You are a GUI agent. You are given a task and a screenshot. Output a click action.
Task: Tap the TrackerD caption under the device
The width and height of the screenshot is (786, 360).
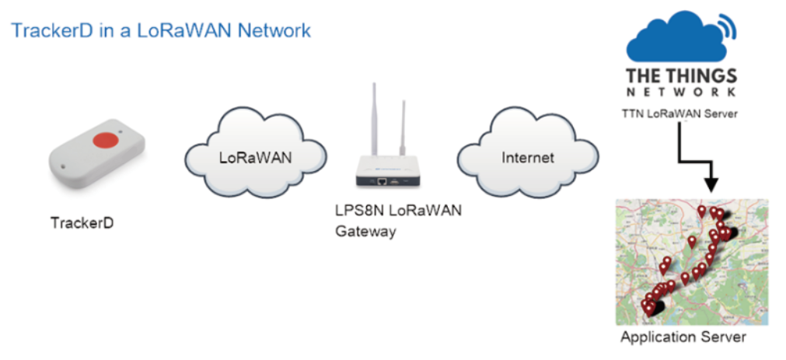click(x=82, y=222)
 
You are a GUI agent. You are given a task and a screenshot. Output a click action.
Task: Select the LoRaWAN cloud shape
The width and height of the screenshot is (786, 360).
click(x=255, y=155)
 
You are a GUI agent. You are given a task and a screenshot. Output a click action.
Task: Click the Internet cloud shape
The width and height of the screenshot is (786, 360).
click(x=528, y=156)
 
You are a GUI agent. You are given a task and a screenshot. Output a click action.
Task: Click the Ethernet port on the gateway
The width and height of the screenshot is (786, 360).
click(x=382, y=181)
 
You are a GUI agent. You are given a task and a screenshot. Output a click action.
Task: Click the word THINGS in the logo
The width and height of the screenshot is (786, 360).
click(x=707, y=77)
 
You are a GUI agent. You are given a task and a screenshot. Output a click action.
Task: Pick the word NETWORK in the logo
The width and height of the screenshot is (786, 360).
click(x=681, y=93)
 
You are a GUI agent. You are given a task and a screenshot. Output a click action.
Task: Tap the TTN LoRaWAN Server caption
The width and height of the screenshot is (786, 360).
click(x=679, y=114)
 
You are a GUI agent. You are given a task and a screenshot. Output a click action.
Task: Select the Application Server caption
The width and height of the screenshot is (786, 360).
click(x=683, y=336)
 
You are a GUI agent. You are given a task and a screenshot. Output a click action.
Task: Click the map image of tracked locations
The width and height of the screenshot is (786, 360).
click(x=692, y=262)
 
